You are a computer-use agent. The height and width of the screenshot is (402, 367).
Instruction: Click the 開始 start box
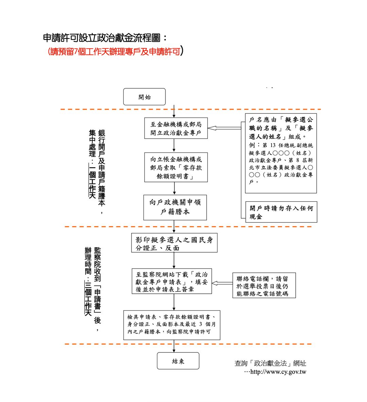click(144, 97)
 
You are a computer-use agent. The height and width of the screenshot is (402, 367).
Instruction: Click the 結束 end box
click(178, 361)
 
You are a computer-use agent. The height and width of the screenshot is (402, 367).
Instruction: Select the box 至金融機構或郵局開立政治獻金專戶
click(176, 128)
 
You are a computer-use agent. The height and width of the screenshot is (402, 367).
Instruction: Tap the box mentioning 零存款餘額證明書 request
click(176, 168)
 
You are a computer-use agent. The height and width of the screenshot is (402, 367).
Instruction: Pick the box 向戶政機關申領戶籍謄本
click(175, 207)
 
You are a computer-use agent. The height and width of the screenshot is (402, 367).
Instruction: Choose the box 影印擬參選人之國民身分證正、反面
click(174, 243)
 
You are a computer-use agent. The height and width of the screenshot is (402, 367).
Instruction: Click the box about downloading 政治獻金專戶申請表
click(172, 281)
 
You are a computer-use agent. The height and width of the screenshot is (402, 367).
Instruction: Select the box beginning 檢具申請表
click(172, 325)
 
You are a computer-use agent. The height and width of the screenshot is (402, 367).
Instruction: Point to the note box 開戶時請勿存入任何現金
click(281, 212)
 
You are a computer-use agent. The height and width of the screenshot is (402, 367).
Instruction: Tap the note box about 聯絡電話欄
click(264, 286)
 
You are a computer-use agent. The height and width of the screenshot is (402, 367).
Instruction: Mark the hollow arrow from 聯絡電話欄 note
click(222, 283)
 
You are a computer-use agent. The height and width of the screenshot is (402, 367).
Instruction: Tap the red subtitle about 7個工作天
click(116, 52)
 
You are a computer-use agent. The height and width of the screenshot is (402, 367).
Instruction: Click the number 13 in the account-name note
click(273, 145)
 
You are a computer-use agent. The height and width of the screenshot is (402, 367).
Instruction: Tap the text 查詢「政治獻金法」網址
click(270, 363)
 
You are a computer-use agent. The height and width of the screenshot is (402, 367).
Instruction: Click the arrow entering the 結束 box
click(174, 348)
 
